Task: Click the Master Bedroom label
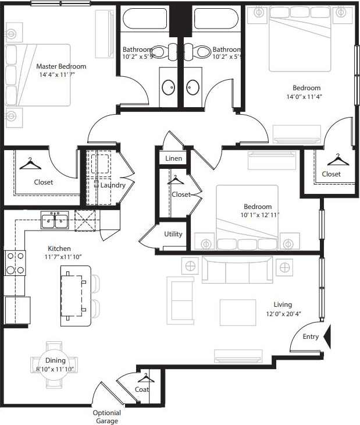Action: [x=61, y=66]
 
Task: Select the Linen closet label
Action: [x=173, y=158]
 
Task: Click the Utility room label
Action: [x=173, y=234]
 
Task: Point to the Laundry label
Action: [x=112, y=185]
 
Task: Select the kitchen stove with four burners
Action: [x=15, y=263]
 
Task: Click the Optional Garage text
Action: [x=106, y=417]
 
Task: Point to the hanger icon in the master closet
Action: [x=30, y=164]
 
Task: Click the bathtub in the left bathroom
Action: [x=145, y=19]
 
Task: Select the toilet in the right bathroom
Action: [x=203, y=51]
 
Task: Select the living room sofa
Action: [x=237, y=269]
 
